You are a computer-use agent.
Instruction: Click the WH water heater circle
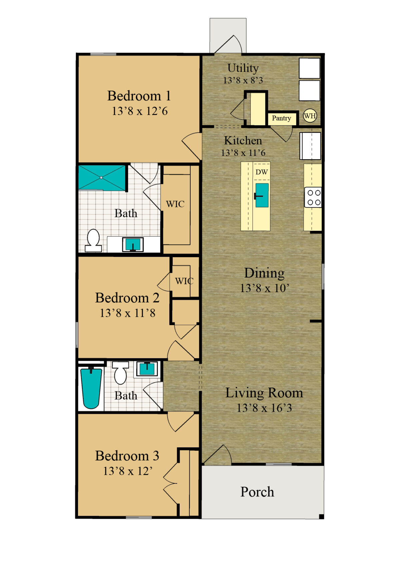click(x=310, y=116)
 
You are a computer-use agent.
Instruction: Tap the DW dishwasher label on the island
click(x=262, y=172)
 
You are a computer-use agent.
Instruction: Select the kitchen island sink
click(x=262, y=195)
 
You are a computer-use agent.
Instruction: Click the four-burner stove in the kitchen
click(x=313, y=198)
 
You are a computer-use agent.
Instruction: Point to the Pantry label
click(x=281, y=118)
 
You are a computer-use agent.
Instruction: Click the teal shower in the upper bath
click(x=102, y=178)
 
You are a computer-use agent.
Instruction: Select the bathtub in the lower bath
click(x=91, y=388)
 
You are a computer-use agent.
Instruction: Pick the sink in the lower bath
click(x=147, y=369)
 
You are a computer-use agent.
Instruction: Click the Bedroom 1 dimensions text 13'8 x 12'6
click(x=140, y=111)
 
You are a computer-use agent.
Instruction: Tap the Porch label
click(x=257, y=492)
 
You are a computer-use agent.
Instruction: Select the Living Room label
click(x=264, y=393)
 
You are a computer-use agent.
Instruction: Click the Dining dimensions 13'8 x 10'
click(x=264, y=288)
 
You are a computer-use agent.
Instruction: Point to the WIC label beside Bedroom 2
click(x=184, y=281)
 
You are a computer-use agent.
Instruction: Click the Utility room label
click(x=243, y=68)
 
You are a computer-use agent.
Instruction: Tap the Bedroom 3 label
click(x=127, y=456)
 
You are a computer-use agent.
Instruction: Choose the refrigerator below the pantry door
click(x=310, y=146)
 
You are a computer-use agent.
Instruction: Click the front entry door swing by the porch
click(x=218, y=455)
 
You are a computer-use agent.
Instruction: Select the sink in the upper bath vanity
click(x=133, y=245)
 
